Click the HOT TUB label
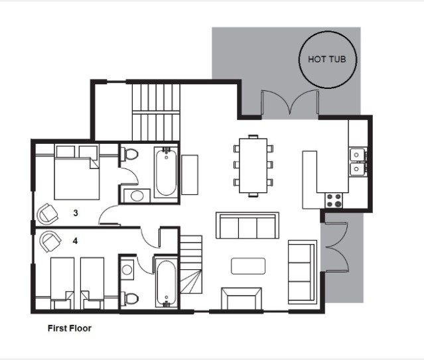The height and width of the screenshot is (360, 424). (327, 59)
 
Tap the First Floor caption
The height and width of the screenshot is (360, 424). (70, 328)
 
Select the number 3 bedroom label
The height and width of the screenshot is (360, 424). (76, 213)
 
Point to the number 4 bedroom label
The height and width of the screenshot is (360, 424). (75, 241)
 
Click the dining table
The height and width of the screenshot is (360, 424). (253, 165)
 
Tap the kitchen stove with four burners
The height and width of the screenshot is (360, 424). (334, 200)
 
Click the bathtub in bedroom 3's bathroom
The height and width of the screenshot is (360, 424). (166, 172)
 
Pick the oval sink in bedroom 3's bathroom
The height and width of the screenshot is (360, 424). (137, 196)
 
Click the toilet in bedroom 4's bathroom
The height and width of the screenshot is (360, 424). (129, 298)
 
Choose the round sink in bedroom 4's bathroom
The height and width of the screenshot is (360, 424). (127, 269)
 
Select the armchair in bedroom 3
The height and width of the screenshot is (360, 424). (48, 213)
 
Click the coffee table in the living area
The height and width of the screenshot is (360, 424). (248, 267)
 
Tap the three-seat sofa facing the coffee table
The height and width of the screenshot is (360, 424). (247, 225)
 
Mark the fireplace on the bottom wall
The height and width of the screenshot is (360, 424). (242, 298)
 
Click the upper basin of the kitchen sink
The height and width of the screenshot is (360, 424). (357, 155)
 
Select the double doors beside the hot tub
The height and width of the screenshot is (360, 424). (290, 102)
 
